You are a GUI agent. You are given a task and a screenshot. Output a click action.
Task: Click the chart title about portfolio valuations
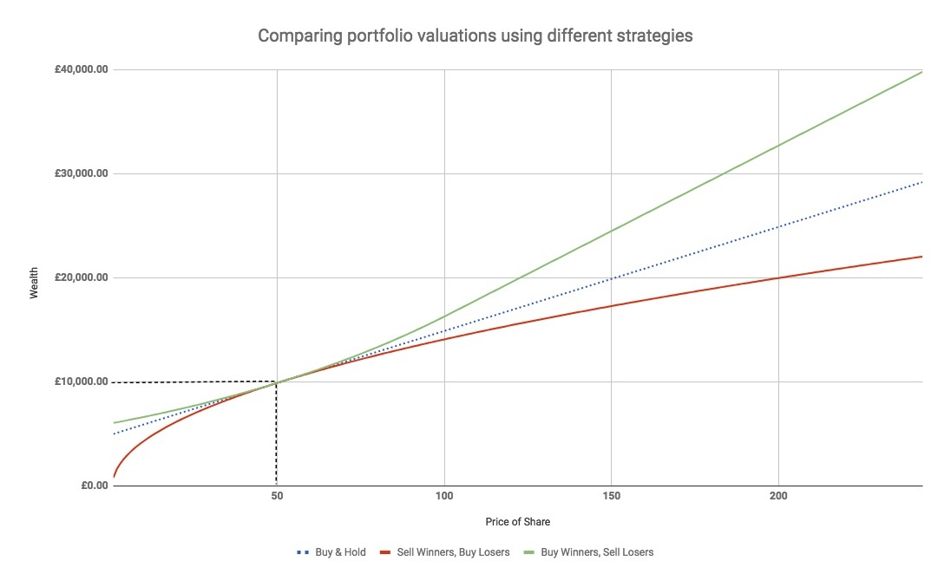tap(475, 36)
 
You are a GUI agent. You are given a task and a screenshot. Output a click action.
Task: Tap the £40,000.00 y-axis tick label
tap(76, 69)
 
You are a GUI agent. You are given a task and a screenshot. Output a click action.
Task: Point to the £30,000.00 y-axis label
tap(76, 173)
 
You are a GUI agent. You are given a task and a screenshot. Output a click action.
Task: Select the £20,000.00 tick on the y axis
tap(76, 277)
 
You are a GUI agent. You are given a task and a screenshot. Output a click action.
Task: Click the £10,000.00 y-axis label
tap(76, 382)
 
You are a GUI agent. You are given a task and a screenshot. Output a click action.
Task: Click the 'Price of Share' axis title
tap(517, 522)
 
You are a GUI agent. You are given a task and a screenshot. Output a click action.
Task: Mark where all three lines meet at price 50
tap(277, 382)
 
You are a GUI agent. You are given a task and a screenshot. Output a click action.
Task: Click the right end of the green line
tap(921, 71)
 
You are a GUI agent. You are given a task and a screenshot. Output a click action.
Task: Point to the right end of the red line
tap(921, 257)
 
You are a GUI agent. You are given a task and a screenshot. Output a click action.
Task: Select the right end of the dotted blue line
tap(921, 182)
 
